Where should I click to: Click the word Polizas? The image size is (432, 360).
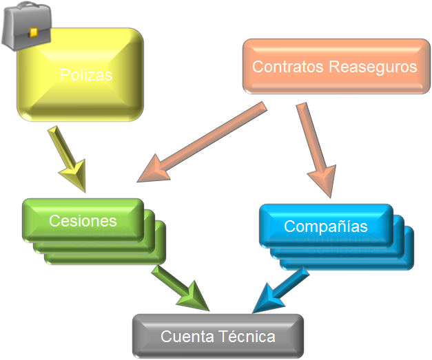click(86, 75)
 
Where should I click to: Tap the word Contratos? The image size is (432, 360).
click(287, 67)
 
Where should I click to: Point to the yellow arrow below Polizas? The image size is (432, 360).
click(66, 156)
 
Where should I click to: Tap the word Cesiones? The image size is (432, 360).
click(83, 220)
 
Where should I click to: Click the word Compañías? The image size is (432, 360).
click(326, 226)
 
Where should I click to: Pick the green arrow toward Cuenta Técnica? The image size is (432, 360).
click(178, 288)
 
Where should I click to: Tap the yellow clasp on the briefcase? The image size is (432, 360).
click(32, 32)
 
